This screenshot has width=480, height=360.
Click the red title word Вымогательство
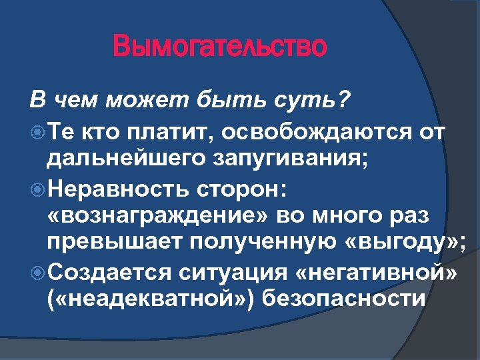pos(220,47)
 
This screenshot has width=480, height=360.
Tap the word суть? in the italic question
pos(313,101)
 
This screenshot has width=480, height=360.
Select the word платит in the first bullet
pos(160,131)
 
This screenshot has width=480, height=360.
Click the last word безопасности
pos(344,299)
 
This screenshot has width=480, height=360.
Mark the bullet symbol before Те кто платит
pos(37,132)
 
